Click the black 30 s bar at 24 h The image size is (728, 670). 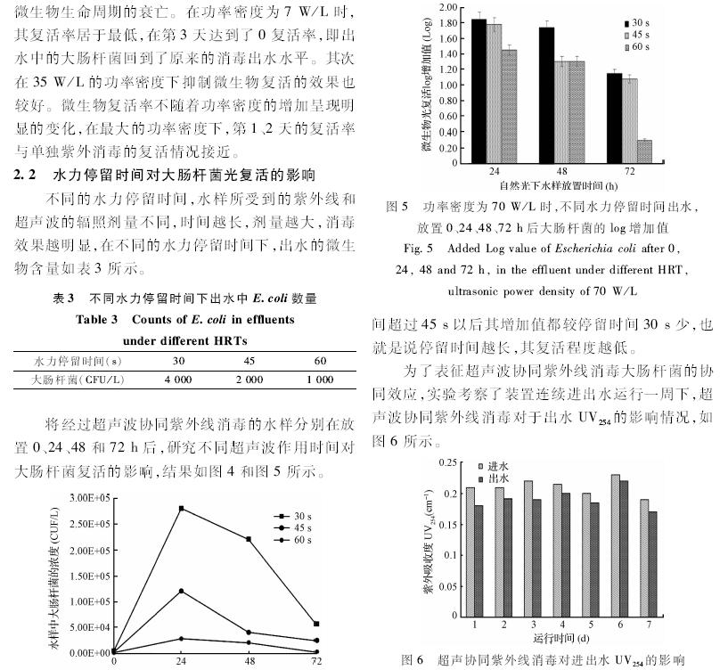(x=479, y=89)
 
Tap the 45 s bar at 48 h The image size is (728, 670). (x=561, y=110)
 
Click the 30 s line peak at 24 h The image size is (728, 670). (x=181, y=508)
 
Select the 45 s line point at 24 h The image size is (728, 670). (x=181, y=591)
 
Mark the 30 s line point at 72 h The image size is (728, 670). (x=316, y=624)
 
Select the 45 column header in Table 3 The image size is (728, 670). (x=249, y=361)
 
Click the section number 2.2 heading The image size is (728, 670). (x=26, y=172)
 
